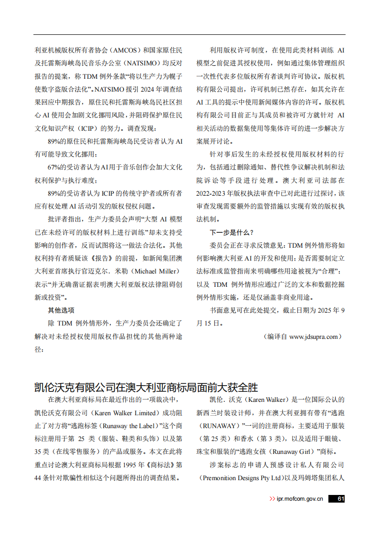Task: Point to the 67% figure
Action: (x=55, y=168)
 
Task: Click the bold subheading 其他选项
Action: (x=61, y=310)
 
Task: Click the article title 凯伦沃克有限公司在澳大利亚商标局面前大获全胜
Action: (x=146, y=386)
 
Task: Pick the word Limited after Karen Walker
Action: (x=142, y=413)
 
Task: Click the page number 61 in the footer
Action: (x=340, y=498)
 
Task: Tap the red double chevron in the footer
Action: (x=273, y=498)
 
